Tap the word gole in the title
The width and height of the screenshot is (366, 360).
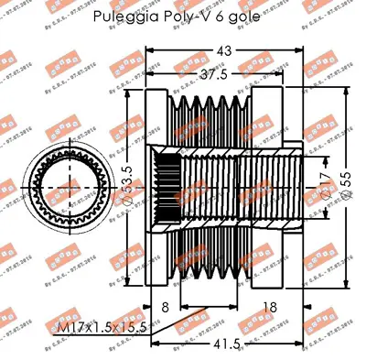(241, 16)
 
